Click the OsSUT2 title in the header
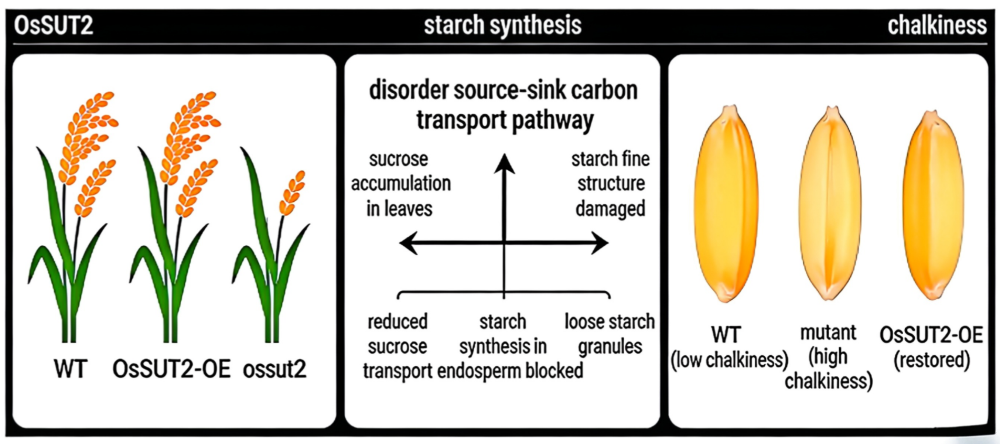click(x=54, y=25)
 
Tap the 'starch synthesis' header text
click(x=502, y=25)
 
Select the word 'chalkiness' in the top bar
click(x=937, y=25)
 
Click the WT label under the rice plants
click(x=70, y=369)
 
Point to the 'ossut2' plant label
click(x=274, y=369)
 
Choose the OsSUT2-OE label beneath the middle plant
click(x=171, y=369)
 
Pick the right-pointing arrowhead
click(x=600, y=243)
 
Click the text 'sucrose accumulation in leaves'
click(x=400, y=184)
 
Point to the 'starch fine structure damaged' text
click(x=610, y=184)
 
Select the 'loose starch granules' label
click(x=610, y=334)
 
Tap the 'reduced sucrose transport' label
click(x=397, y=345)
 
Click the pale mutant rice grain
click(x=830, y=204)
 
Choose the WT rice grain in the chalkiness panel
click(x=726, y=204)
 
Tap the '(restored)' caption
click(x=932, y=360)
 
